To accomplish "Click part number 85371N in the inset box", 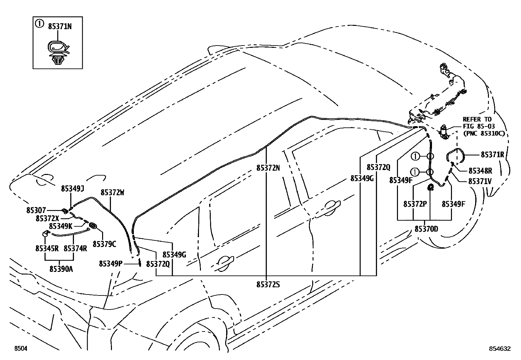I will point(60,27).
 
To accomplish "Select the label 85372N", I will point(268,168).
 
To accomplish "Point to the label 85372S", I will point(268,285).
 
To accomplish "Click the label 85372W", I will point(112,193).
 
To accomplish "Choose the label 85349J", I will point(72,188).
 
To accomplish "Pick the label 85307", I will point(36,210).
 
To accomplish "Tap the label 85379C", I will point(104,244).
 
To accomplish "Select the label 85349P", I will point(111,263).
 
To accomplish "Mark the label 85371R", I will point(492,155).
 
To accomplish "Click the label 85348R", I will point(480,171).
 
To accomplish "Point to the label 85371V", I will point(480,181).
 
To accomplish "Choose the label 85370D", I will point(426,229).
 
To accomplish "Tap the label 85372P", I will point(415,204).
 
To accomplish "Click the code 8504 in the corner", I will point(20,349).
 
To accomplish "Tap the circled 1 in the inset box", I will point(39,24).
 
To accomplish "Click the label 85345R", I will point(47,248).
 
